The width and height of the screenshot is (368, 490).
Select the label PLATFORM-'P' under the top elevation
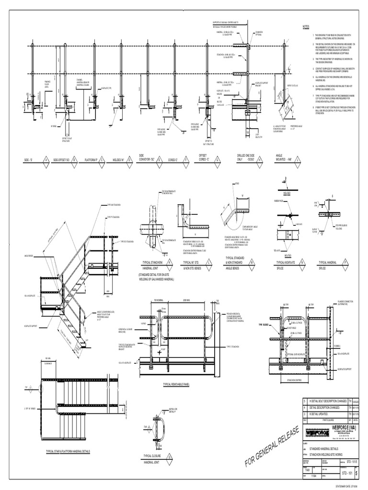pos(91,159)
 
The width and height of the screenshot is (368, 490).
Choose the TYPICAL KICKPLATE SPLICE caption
pos(287,266)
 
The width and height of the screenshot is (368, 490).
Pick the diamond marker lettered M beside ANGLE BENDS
pos(257,263)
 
